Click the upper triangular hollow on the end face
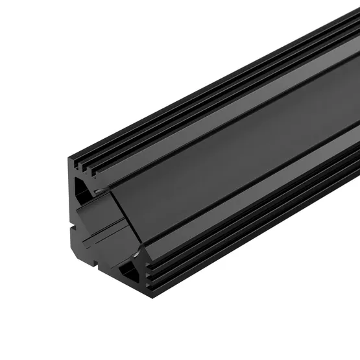pyautogui.click(x=82, y=188)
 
